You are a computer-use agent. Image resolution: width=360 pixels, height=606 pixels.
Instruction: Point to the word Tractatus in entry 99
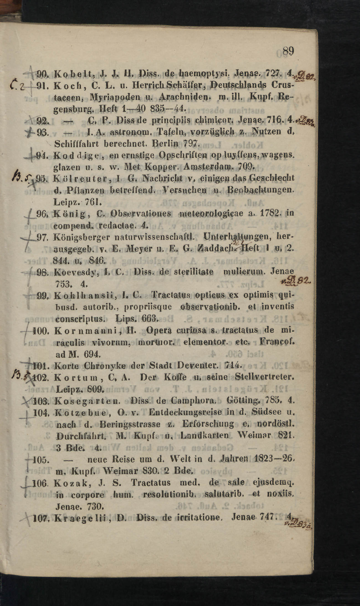170,295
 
